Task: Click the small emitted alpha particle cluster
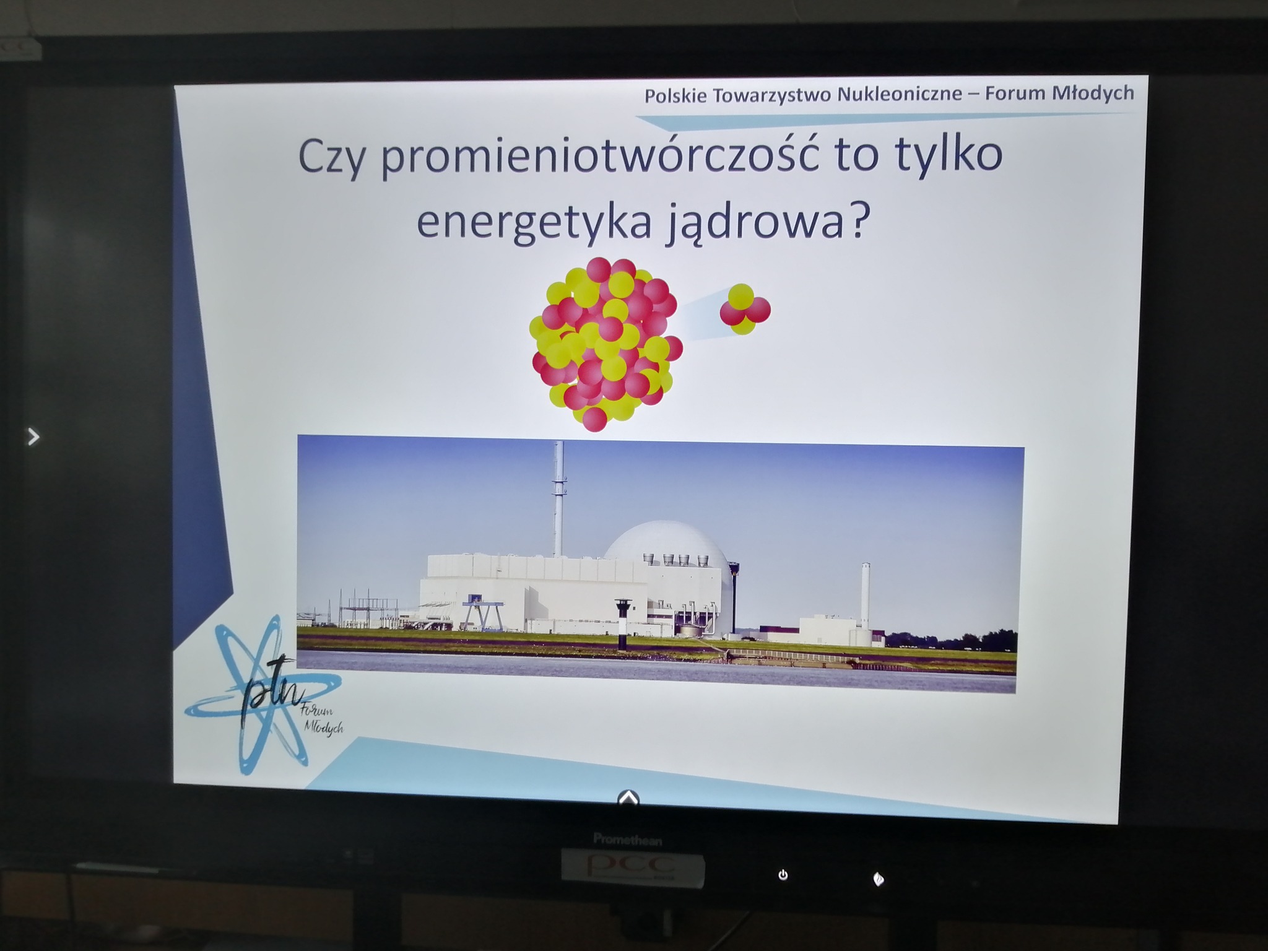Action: (745, 309)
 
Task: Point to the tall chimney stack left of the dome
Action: (559, 499)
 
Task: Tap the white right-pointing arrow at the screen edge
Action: (33, 437)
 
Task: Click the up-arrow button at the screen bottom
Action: (628, 797)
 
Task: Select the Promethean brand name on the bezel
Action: (628, 840)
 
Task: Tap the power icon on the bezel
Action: (783, 875)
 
